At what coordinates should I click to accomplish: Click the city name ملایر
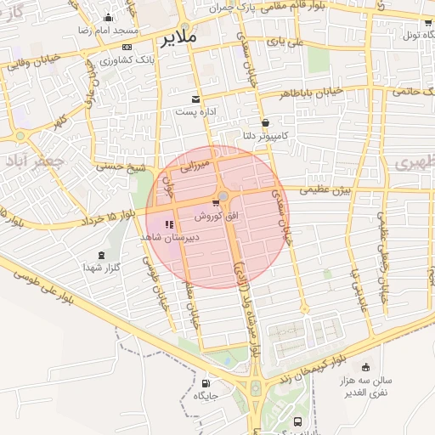[177, 38]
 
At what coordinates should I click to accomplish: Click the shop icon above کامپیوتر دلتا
[265, 121]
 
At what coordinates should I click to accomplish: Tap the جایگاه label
[206, 396]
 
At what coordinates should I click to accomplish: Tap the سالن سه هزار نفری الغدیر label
[366, 387]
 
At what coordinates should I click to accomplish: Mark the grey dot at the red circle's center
[223, 197]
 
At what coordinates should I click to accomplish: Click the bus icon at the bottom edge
[297, 422]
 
